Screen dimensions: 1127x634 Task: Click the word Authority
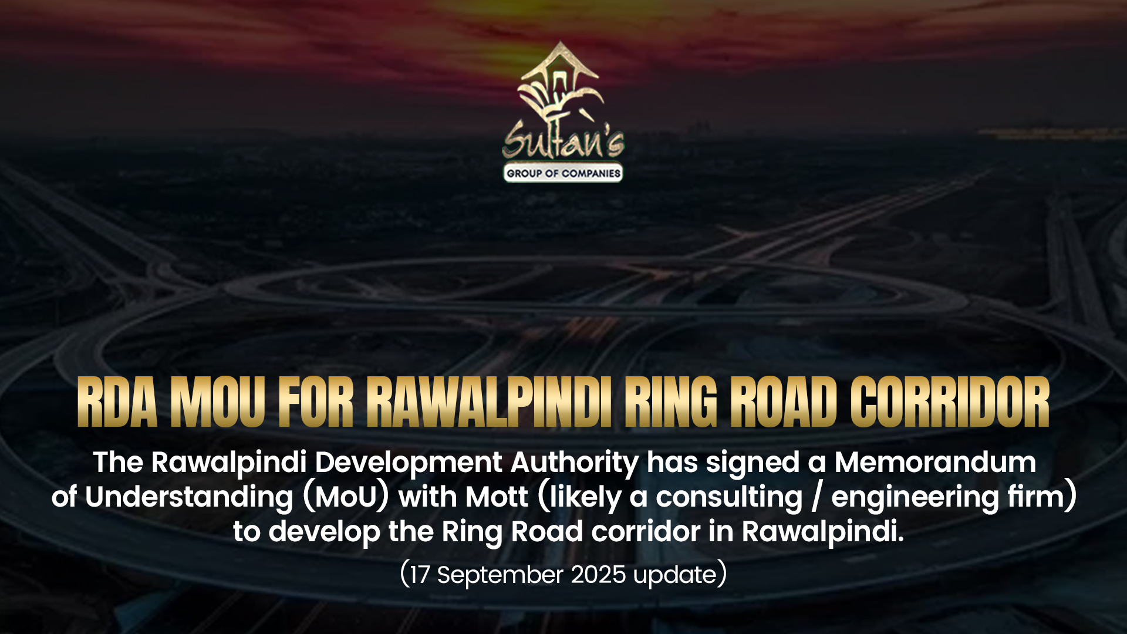[575, 463]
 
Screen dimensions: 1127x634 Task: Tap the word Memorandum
[935, 462]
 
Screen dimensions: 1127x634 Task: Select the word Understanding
[189, 498]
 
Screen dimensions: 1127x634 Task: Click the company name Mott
[496, 497]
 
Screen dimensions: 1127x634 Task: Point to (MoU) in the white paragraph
[346, 497]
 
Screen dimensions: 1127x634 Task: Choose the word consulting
[729, 498]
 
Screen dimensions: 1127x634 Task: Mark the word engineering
[915, 498]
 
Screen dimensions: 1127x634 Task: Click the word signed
[753, 463]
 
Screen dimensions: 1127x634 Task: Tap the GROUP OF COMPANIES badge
[563, 173]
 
